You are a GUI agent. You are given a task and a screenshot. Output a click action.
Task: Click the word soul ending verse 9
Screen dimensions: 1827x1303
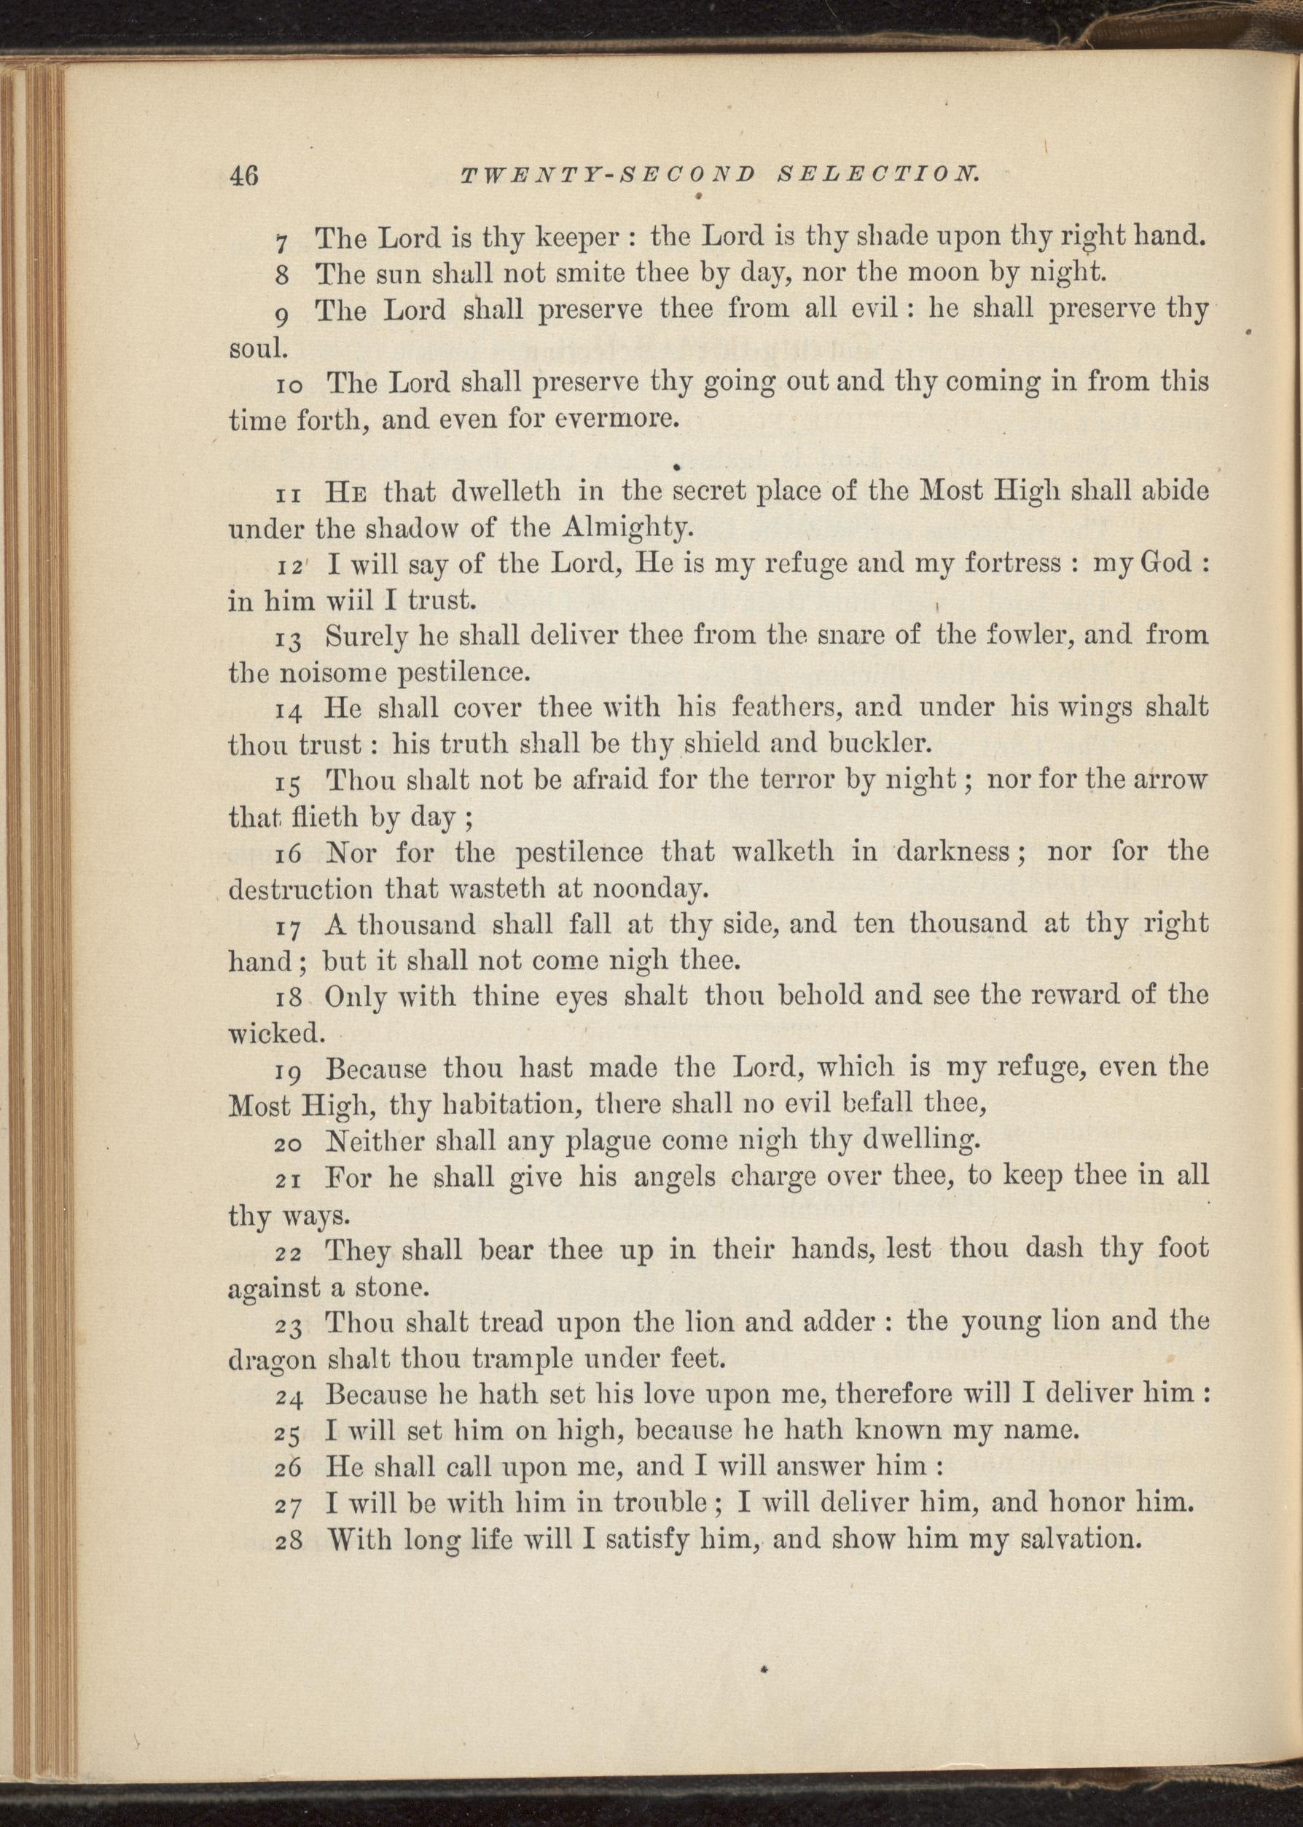coord(254,349)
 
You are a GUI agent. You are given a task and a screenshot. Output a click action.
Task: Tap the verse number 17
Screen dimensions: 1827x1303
coord(289,927)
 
